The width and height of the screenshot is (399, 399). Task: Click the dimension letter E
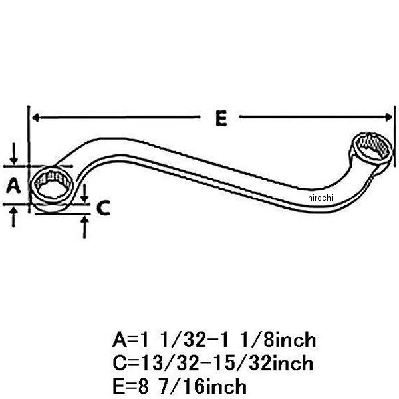(221, 118)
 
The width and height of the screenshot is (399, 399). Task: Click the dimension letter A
(13, 185)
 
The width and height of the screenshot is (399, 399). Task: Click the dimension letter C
(103, 208)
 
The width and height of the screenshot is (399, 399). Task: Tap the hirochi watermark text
(320, 198)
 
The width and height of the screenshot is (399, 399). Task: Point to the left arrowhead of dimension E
(35, 118)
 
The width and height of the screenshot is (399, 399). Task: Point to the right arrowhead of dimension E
(388, 117)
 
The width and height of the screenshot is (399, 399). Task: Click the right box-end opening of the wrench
(372, 148)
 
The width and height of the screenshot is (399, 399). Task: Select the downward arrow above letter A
(13, 153)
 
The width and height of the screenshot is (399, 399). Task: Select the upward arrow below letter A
(13, 217)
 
